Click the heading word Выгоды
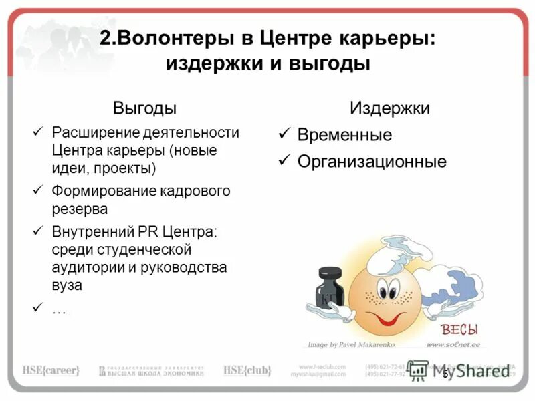(144, 108)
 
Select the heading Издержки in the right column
(390, 108)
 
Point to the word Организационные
(372, 161)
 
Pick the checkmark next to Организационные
(284, 160)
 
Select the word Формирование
(104, 191)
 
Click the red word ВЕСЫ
(459, 329)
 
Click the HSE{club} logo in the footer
(247, 370)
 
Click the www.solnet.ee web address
(454, 345)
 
